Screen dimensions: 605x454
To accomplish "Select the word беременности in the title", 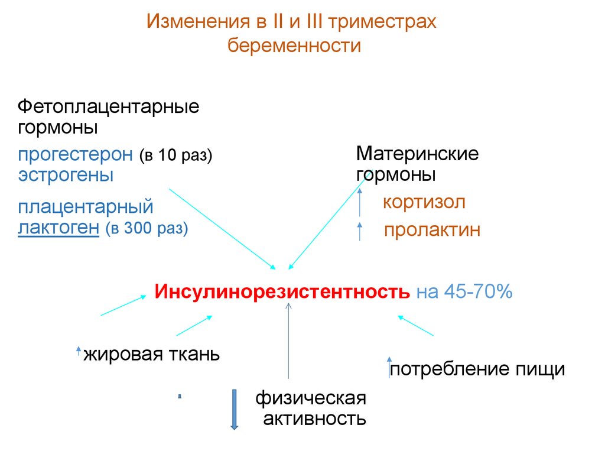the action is point(294,46).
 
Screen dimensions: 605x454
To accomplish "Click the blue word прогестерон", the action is point(75,155).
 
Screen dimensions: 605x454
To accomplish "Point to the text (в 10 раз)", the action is point(175,156).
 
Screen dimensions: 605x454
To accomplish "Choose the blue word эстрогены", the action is point(66,175).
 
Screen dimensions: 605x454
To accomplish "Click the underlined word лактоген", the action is point(58,228).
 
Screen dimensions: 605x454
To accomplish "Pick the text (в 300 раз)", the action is point(147,229).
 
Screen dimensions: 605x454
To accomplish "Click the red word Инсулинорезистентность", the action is point(282,292).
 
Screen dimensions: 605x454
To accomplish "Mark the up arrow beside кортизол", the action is point(360,202).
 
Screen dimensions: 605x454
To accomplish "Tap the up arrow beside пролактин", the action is point(360,231).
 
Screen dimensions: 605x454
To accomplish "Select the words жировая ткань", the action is point(151,355).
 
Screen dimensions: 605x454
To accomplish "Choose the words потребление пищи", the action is point(477,369).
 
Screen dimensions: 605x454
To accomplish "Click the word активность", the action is point(314,419).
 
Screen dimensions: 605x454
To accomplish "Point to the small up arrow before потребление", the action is point(389,367).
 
